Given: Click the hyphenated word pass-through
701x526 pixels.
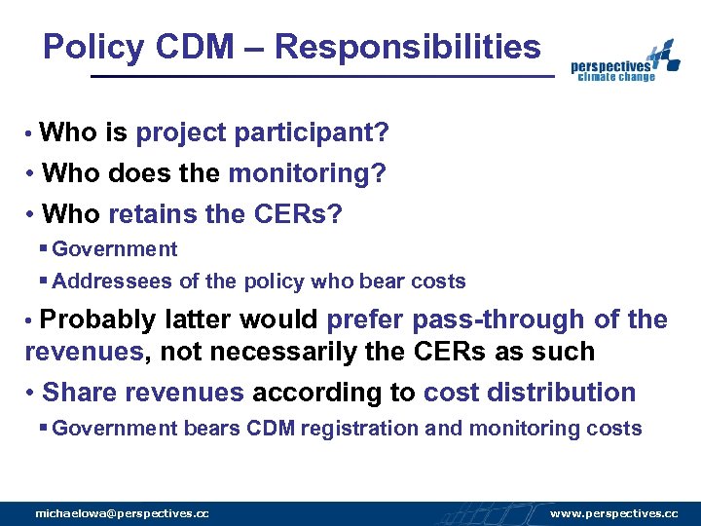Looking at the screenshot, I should pos(504,320).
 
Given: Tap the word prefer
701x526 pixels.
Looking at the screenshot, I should pos(369,320).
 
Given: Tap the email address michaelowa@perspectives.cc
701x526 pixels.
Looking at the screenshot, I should pos(122,513).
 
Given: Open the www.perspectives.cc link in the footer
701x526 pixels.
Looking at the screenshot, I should pos(613,513).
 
